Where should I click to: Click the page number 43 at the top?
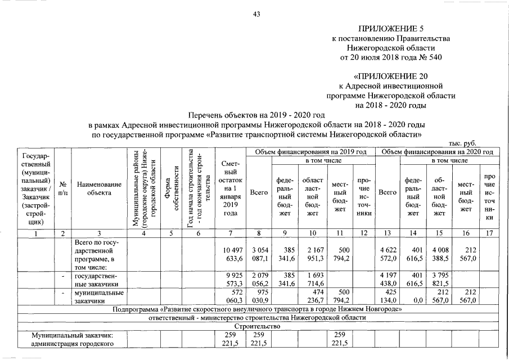pyautogui.click(x=256, y=14)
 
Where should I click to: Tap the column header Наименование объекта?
pyautogui.click(x=100, y=188)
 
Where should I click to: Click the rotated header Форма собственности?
pyautogui.click(x=172, y=188)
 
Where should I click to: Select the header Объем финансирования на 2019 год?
pyautogui.click(x=310, y=152)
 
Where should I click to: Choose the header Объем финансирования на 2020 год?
pyautogui.click(x=438, y=152)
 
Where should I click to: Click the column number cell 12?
pyautogui.click(x=363, y=232)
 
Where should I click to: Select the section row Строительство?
pyautogui.click(x=256, y=326)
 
